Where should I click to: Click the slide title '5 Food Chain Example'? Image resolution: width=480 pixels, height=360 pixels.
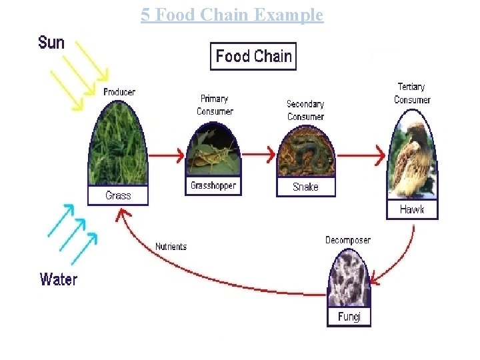click(232, 15)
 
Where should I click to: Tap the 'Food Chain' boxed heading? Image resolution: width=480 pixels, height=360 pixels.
click(253, 56)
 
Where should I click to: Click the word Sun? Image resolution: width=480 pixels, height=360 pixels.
click(51, 43)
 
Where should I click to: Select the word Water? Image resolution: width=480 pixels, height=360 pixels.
click(59, 279)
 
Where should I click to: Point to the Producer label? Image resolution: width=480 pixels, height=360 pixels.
click(119, 92)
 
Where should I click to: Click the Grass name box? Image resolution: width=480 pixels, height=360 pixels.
click(118, 195)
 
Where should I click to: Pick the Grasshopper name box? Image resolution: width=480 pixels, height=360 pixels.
click(213, 185)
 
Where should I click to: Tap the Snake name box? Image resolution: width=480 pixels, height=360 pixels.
click(305, 187)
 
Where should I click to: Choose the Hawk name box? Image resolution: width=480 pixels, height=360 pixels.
click(412, 209)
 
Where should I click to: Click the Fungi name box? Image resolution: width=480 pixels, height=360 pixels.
click(349, 316)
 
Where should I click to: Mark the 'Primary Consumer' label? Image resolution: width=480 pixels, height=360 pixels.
click(215, 105)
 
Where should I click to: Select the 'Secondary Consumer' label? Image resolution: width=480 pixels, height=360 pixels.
click(305, 110)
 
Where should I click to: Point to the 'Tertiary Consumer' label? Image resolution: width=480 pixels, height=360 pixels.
click(411, 93)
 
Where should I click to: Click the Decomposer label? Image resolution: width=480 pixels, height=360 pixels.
click(348, 240)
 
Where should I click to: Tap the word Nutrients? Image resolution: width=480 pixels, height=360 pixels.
click(171, 247)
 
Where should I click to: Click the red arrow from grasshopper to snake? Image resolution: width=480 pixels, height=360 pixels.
click(257, 155)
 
